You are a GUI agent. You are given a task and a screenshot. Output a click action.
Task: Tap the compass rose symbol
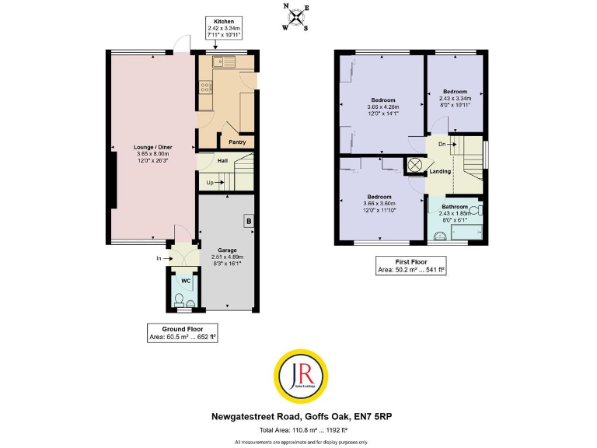pos(296,17)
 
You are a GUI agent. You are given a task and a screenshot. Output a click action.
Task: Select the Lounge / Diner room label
pos(152,147)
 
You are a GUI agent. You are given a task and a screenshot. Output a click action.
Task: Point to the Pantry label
pos(236,142)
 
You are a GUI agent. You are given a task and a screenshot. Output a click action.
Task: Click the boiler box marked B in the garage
pos(249,220)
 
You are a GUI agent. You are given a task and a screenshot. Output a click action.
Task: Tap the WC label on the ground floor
pos(185,281)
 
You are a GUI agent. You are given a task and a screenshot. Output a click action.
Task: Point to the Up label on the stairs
pos(210,182)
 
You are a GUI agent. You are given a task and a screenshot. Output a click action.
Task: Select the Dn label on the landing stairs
pos(442,144)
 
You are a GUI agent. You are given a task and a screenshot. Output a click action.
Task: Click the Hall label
pos(222,161)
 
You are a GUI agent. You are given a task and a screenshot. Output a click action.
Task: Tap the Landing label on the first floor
pos(440,171)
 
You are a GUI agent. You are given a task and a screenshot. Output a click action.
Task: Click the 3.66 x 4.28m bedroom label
pos(382,107)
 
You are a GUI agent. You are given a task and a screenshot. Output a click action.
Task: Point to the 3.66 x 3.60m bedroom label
pos(379,201)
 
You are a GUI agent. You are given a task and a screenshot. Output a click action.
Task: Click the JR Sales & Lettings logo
pos(298,377)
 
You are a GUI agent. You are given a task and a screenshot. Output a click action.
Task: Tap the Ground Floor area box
pos(182,333)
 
